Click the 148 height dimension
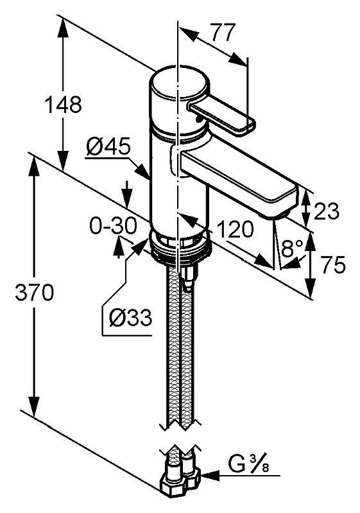[63, 105]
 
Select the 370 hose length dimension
[35, 292]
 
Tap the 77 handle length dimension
[224, 32]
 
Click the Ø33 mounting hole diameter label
[131, 317]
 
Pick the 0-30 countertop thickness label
[113, 226]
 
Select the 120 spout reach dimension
[235, 229]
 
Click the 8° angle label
[292, 249]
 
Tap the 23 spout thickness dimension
[327, 211]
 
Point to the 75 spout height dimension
[333, 265]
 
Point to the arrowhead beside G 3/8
[209, 475]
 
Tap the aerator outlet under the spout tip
[284, 214]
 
